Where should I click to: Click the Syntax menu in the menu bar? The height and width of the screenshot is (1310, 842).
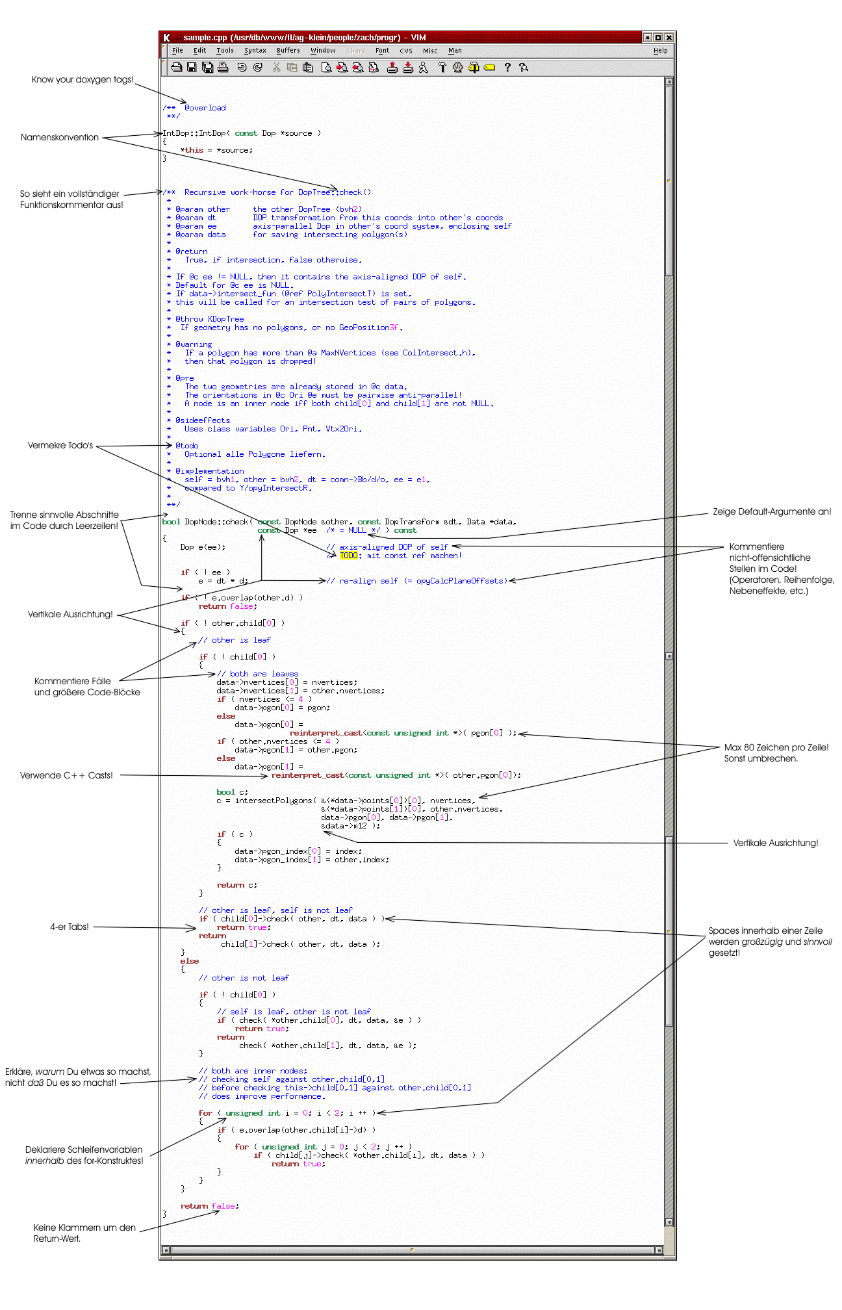pos(255,51)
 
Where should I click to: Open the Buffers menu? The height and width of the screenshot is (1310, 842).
pos(288,51)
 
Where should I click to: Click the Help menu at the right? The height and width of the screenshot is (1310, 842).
pos(660,51)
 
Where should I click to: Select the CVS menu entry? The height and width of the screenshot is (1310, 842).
pos(405,51)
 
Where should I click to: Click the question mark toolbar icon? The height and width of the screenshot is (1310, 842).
pos(507,67)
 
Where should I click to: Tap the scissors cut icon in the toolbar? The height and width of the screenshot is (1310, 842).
pos(276,67)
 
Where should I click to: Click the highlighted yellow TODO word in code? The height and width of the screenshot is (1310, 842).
pos(349,556)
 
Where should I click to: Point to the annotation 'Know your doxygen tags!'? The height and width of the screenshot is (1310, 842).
pos(83,80)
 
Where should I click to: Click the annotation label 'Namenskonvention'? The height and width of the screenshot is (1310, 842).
pos(60,137)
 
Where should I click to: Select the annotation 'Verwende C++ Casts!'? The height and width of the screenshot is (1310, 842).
pos(66,775)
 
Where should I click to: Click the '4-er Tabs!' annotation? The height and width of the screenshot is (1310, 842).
pos(70,927)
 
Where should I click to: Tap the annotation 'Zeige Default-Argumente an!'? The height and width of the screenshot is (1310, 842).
pos(771,511)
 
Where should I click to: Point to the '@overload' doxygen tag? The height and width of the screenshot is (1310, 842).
pos(205,108)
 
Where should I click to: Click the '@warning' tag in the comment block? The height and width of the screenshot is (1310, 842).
pos(194,344)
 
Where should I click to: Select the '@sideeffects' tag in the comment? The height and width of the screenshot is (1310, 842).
pos(203,420)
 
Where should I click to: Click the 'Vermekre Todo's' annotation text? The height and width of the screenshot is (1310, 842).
pos(60,445)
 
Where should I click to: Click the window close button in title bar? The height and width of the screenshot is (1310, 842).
pos(669,38)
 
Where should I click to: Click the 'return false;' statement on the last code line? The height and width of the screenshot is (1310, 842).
pos(209,1206)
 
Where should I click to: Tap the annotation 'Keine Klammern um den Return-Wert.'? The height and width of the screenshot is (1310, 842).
pos(84,1233)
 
